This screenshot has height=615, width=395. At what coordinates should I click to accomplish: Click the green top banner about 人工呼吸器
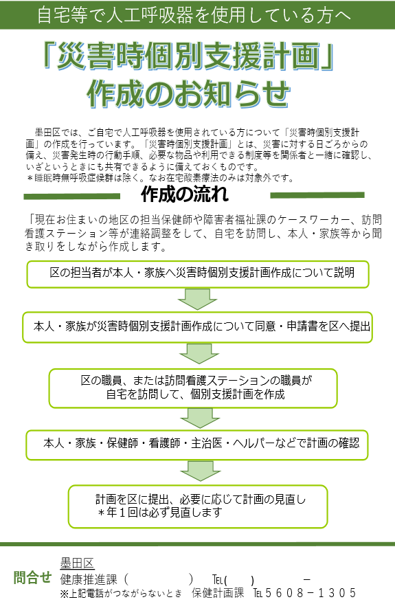click(197, 14)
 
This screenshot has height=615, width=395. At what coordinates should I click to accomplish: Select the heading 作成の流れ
click(184, 195)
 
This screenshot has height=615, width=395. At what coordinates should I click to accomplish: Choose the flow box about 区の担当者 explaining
click(200, 273)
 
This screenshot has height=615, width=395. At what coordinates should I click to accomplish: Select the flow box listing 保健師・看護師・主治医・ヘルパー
click(199, 443)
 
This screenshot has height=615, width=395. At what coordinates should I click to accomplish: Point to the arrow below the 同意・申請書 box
click(198, 353)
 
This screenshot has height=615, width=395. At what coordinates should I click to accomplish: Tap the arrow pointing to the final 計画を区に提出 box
click(198, 470)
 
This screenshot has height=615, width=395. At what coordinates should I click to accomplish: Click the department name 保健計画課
click(218, 593)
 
